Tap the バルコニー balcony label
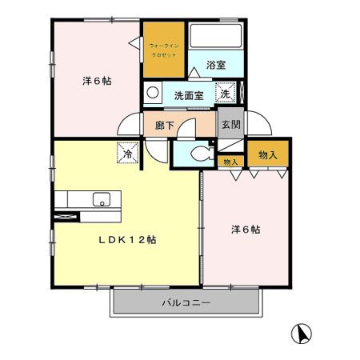[185, 302]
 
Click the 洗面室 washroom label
[189, 95]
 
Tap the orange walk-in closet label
[166, 51]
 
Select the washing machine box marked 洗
[226, 93]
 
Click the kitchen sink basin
[101, 199]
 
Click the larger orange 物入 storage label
[268, 155]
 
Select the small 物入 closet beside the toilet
[230, 162]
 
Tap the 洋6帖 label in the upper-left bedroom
[96, 80]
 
